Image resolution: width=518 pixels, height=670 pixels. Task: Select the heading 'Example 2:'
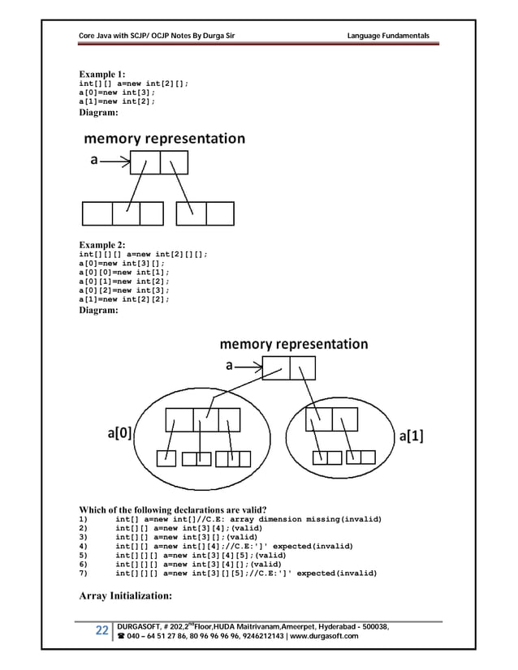point(101,244)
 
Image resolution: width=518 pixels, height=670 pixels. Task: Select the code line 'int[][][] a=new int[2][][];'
point(142,254)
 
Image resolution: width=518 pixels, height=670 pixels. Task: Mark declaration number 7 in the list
point(244,573)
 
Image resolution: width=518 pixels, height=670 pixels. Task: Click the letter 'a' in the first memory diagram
point(93,160)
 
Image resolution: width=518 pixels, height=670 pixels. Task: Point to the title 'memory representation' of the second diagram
point(294,344)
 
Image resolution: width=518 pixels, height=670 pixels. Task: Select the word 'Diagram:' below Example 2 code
point(98,309)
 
